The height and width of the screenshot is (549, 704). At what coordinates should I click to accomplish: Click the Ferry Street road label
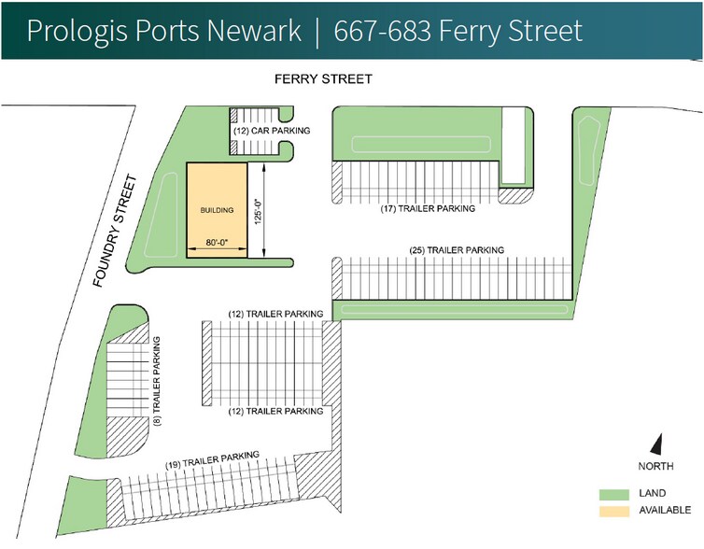[x=323, y=80]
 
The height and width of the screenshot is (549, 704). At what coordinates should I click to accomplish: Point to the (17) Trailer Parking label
[x=428, y=209]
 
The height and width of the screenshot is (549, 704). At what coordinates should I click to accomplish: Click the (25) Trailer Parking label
[x=458, y=250]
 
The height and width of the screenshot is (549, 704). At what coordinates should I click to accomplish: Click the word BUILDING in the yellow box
[x=218, y=209]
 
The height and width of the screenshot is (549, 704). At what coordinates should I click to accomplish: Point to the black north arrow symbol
[x=656, y=445]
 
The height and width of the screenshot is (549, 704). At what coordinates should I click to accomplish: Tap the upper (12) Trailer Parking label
[x=276, y=313]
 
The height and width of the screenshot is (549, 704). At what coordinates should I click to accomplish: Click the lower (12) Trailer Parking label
[x=276, y=411]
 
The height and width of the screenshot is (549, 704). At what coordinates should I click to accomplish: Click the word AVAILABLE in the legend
[x=665, y=510]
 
